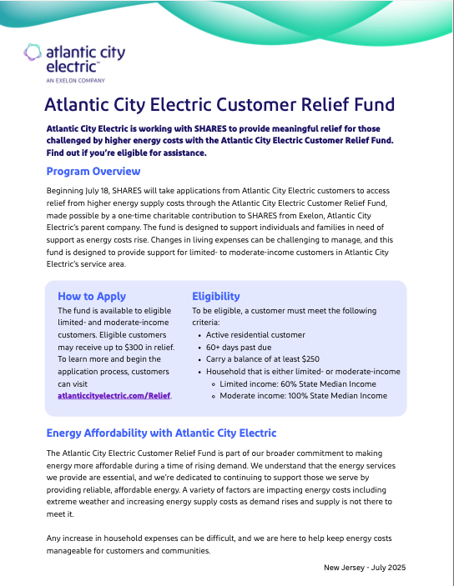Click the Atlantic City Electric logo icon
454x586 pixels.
click(33, 54)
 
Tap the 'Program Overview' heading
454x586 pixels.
click(93, 172)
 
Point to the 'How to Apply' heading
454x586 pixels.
click(92, 296)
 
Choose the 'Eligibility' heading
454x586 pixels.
click(215, 296)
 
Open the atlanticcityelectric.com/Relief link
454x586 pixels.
click(113, 396)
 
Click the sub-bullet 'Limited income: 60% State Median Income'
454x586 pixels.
click(297, 383)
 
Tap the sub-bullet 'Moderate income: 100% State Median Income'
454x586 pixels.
click(302, 396)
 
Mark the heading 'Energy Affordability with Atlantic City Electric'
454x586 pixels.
click(161, 433)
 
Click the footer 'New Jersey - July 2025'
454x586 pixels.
click(364, 568)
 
